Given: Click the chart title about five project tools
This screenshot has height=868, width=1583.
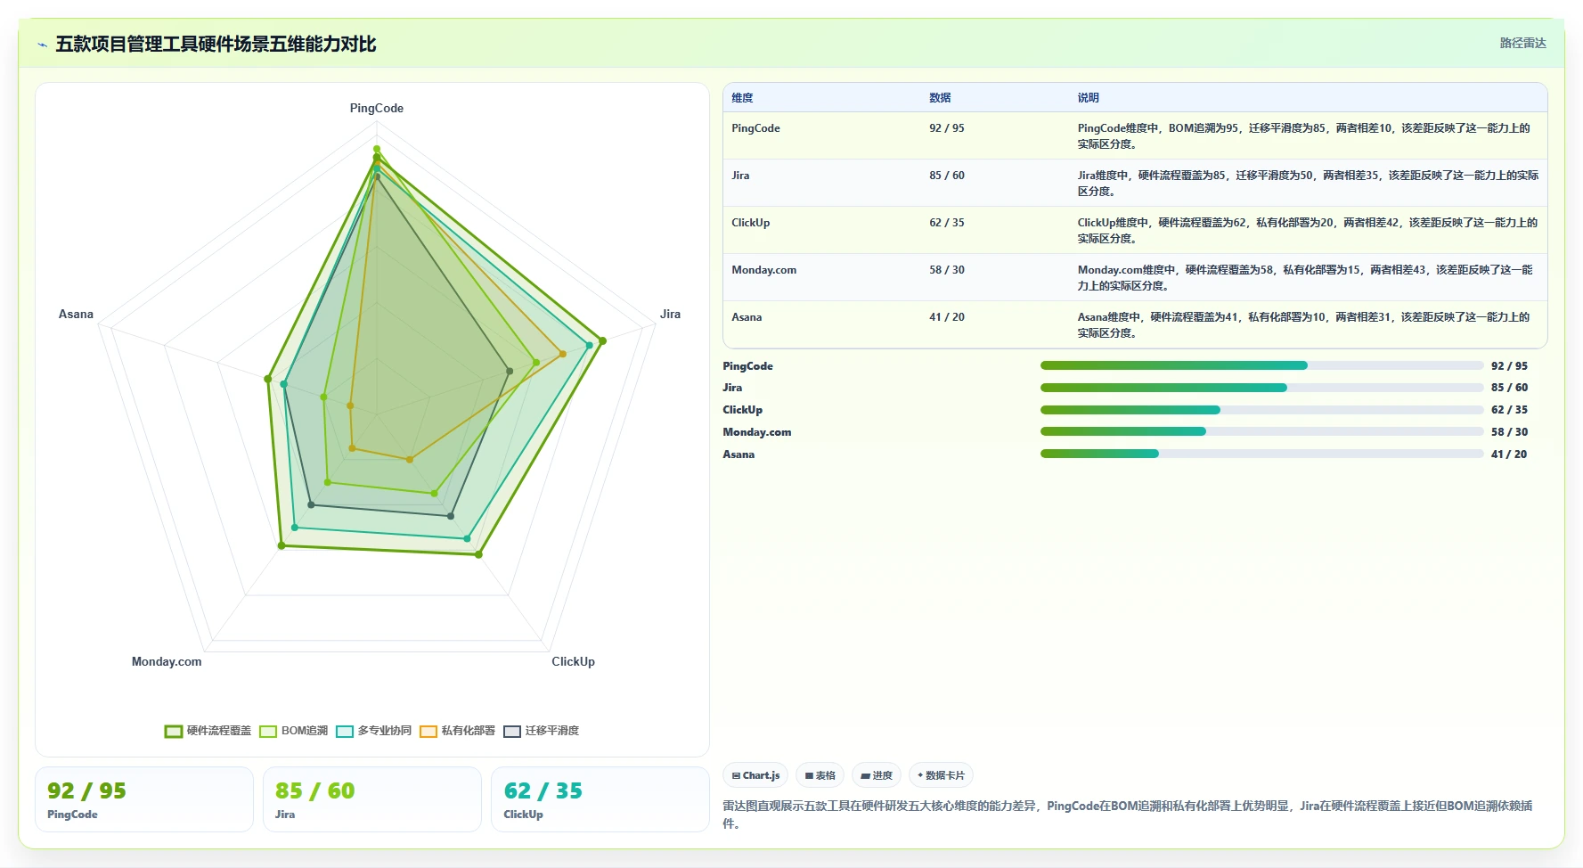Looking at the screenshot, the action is point(216,44).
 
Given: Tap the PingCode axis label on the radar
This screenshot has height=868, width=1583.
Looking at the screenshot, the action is point(377,108).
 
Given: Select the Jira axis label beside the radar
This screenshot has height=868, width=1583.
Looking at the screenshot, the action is point(670,314).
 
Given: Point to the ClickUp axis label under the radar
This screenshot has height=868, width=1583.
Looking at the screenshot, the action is point(573,661).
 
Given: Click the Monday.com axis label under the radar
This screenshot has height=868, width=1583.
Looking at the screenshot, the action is point(167,661).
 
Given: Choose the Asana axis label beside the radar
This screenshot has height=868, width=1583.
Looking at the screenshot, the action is point(76,314).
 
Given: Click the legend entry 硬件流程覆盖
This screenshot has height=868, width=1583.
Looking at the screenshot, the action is point(208,731).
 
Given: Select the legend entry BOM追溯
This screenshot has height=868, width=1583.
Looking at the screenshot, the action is point(294,731).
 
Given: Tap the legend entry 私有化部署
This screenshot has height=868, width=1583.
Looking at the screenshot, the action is point(457,731).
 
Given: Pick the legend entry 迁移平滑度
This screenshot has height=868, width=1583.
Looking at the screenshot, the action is point(541,731).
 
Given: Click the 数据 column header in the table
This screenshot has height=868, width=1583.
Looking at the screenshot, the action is point(940,98).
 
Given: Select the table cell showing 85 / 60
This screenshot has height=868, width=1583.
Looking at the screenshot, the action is point(947,176).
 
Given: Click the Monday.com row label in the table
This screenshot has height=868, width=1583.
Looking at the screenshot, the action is point(764,270).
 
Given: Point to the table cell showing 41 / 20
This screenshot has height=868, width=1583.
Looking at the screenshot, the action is point(947,317).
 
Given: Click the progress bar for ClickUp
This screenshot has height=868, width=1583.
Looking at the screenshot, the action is point(1261,410).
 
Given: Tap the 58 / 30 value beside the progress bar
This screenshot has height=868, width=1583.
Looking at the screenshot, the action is point(1509,432).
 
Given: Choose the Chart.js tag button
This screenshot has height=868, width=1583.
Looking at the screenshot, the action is point(755,775).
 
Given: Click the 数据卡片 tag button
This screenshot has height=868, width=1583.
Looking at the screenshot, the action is point(941,775).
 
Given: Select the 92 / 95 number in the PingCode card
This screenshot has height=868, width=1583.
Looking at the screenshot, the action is point(86,790).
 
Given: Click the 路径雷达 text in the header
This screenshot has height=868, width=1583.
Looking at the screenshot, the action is point(1522,43).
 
